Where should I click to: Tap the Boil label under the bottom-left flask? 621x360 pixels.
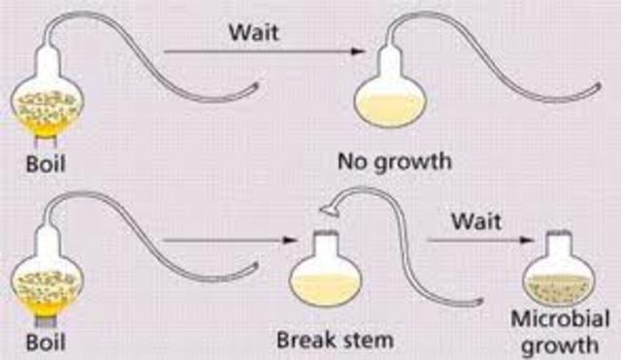click(47, 343)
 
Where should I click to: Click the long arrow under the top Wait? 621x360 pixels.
click(252, 52)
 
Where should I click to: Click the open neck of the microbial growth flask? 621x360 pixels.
click(558, 239)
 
